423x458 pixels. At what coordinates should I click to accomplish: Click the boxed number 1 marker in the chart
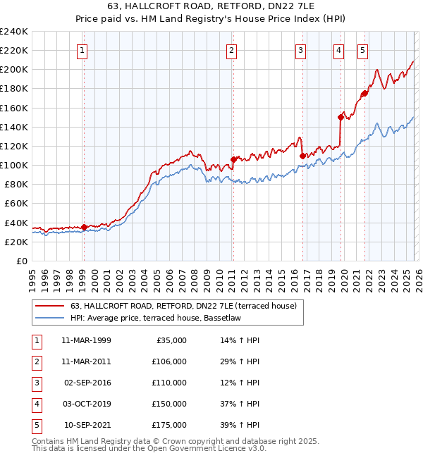coord(82,50)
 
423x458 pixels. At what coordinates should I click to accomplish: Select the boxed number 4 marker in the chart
coord(339,50)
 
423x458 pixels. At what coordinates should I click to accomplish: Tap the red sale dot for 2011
coord(233,159)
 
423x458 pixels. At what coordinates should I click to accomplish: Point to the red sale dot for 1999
coord(84,227)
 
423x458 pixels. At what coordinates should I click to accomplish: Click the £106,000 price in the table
coord(169,361)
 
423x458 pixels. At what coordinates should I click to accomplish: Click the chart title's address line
coord(211,7)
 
